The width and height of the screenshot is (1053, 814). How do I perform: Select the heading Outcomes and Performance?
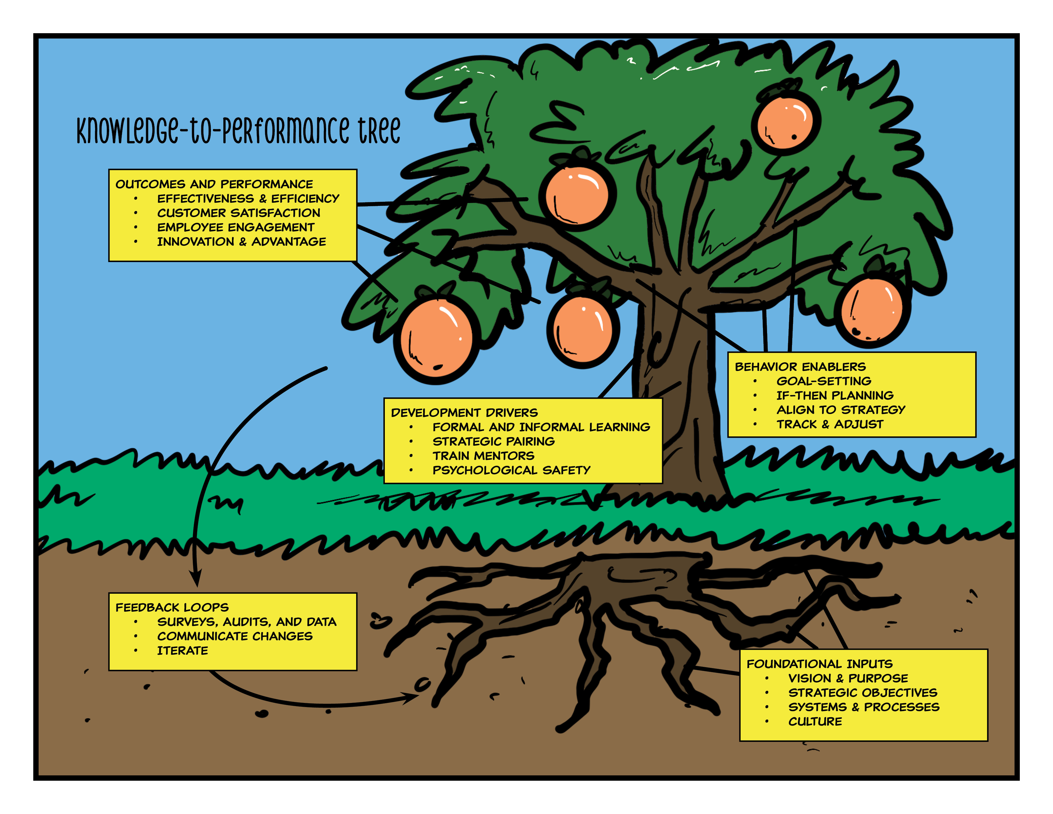coord(214,184)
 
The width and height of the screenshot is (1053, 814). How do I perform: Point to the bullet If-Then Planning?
coord(835,396)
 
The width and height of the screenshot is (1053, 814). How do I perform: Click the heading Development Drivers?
coord(464,413)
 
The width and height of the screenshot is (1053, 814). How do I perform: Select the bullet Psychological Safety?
coord(511,470)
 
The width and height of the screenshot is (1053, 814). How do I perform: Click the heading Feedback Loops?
coord(172,607)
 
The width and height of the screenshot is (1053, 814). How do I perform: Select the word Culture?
coord(815,722)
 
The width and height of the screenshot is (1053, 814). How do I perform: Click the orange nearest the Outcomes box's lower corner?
coord(436,340)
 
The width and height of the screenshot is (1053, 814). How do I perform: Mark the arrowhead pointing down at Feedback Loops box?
coord(196,579)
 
